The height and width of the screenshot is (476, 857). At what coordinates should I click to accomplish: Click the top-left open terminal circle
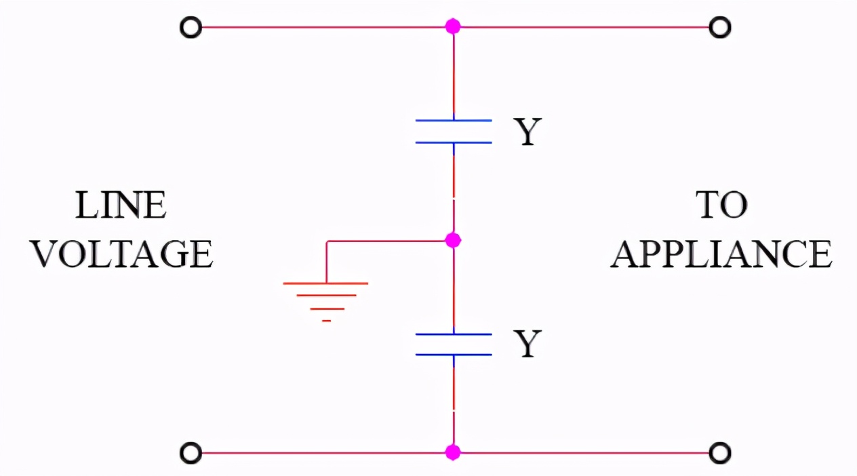(x=191, y=28)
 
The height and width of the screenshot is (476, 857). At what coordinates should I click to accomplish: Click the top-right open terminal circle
(x=719, y=28)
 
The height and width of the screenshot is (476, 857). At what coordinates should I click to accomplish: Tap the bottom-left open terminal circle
(x=191, y=452)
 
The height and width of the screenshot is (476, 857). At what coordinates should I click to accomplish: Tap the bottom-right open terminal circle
(x=719, y=452)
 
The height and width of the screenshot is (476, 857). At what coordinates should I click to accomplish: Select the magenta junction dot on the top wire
(x=453, y=27)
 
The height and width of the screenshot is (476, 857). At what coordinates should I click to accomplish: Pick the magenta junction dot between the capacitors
(x=454, y=240)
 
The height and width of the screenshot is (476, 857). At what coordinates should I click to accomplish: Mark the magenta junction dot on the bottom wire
(x=453, y=452)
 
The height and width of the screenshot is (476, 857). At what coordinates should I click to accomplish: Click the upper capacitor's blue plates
(x=454, y=132)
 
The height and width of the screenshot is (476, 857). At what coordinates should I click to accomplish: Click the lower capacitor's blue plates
(x=454, y=344)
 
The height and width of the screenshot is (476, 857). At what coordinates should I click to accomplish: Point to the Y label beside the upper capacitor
(x=527, y=132)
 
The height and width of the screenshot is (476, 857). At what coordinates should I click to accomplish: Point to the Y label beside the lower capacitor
(x=527, y=344)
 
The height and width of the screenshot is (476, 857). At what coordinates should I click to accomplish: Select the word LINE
(x=121, y=205)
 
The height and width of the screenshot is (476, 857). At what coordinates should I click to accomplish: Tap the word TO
(x=721, y=205)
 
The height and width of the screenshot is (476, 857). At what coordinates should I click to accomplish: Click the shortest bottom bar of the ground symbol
(x=326, y=320)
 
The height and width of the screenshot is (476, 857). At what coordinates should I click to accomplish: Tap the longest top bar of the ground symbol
(x=326, y=283)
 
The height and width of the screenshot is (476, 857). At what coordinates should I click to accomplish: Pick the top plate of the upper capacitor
(x=454, y=121)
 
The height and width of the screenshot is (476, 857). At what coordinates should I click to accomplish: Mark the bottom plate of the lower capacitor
(x=454, y=355)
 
